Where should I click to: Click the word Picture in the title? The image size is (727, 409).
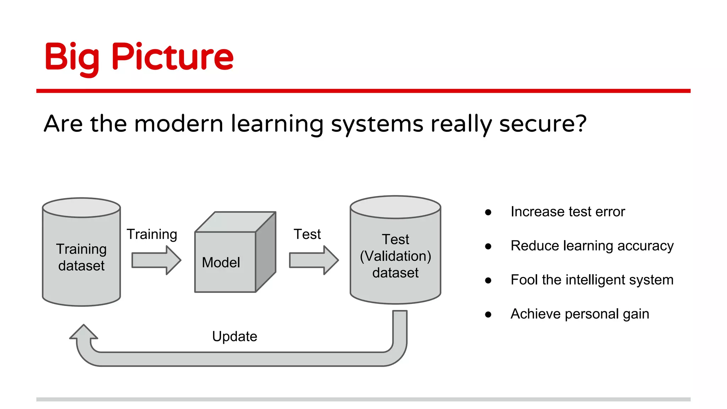(173, 57)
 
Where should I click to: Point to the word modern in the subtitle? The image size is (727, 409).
(179, 124)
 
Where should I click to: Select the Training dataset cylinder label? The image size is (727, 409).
(81, 257)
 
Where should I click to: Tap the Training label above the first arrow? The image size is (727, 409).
(152, 234)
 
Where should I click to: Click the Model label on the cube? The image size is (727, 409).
(221, 263)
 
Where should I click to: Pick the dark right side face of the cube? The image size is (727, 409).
(266, 252)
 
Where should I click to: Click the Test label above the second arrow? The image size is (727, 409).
(307, 234)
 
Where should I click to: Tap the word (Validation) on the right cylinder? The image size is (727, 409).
(395, 256)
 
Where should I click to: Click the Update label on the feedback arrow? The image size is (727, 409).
(234, 336)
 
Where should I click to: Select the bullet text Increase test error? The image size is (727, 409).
(567, 212)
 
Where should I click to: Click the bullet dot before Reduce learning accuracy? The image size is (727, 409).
(488, 246)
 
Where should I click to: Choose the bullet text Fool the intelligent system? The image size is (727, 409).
(592, 280)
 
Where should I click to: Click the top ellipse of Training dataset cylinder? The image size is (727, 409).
(81, 208)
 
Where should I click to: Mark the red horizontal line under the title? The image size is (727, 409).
(363, 91)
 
